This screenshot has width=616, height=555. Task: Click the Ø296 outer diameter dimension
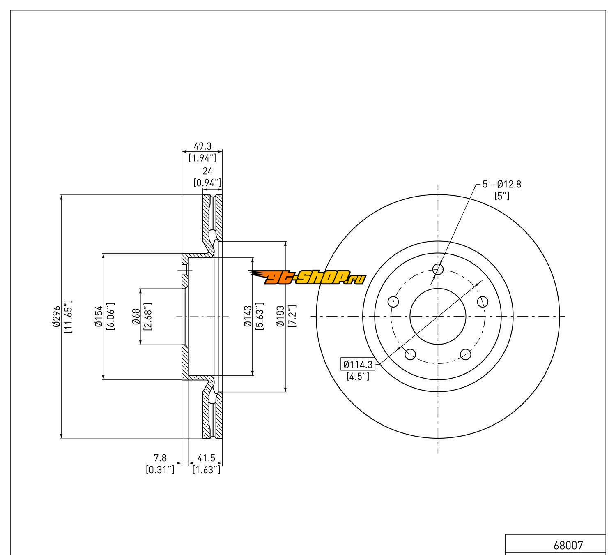pos(56,316)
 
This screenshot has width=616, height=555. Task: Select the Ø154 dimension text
pos(98,317)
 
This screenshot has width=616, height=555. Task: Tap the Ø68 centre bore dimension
pos(136,317)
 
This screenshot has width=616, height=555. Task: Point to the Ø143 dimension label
pos(247,316)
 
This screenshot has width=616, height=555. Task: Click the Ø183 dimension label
pos(280,316)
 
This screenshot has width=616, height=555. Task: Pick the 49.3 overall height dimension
pos(202,146)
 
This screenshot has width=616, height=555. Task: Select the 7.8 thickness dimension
pos(160,458)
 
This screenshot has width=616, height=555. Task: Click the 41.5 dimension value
pos(206,458)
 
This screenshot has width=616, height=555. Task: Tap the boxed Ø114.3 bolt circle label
pos(358,364)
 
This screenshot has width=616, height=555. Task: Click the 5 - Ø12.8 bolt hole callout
pos(501,185)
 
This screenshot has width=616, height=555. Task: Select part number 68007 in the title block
pos(568,546)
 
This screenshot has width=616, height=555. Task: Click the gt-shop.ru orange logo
pos(307,278)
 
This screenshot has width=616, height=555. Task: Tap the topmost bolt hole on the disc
pos(438,269)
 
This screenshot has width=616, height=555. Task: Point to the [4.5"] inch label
pos(358,376)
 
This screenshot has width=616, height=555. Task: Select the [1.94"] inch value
pos(202,157)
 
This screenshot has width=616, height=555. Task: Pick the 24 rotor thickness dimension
pos(207,171)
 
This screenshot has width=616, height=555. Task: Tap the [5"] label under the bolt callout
pos(502,196)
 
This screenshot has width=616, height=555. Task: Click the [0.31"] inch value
pos(160,469)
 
